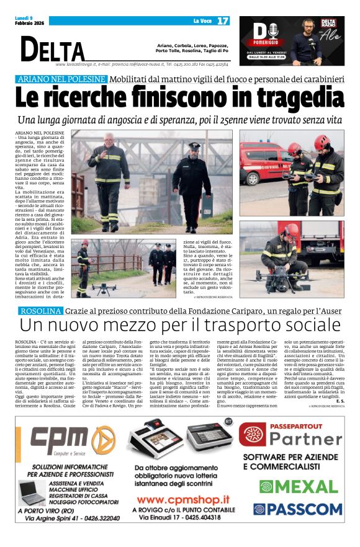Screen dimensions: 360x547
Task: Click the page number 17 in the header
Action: pyautogui.click(x=223, y=20)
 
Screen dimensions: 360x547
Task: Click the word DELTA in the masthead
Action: pyautogui.click(x=52, y=50)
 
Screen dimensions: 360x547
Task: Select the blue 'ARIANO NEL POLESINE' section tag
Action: pyautogui.click(x=70, y=79)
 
